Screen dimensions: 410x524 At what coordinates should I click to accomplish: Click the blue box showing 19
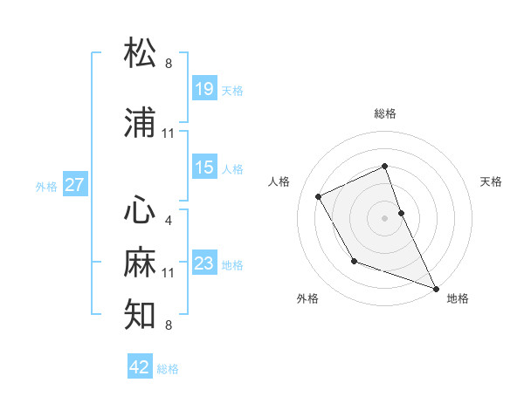(x=204, y=88)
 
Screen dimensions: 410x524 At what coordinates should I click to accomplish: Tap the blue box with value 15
(x=204, y=167)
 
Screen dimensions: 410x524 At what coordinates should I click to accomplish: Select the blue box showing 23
(x=204, y=263)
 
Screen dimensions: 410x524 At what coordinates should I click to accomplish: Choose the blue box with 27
(x=75, y=185)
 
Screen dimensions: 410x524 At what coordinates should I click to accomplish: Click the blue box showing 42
(x=140, y=367)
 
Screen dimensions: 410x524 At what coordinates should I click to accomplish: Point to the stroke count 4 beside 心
(x=168, y=221)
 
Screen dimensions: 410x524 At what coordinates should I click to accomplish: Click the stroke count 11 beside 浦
(x=168, y=133)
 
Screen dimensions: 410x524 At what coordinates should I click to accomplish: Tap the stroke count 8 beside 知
(x=168, y=325)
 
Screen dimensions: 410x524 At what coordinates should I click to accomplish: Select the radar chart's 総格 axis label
(x=385, y=113)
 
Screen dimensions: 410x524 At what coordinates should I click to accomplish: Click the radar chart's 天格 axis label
(x=492, y=181)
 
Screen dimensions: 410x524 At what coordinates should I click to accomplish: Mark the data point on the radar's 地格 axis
(x=437, y=288)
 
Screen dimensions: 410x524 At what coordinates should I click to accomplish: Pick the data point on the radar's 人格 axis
(x=319, y=196)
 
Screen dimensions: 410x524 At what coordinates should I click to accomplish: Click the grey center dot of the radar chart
(x=385, y=217)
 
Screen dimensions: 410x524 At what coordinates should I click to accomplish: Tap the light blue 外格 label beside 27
(x=46, y=186)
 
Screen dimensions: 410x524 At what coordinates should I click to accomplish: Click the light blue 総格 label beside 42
(x=168, y=369)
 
